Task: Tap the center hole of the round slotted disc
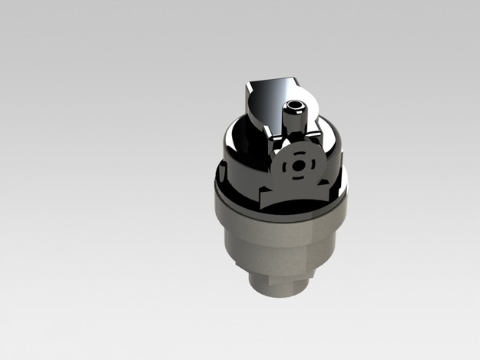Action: (x=296, y=166)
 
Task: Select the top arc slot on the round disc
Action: (x=296, y=154)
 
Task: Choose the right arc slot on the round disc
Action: (x=309, y=166)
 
